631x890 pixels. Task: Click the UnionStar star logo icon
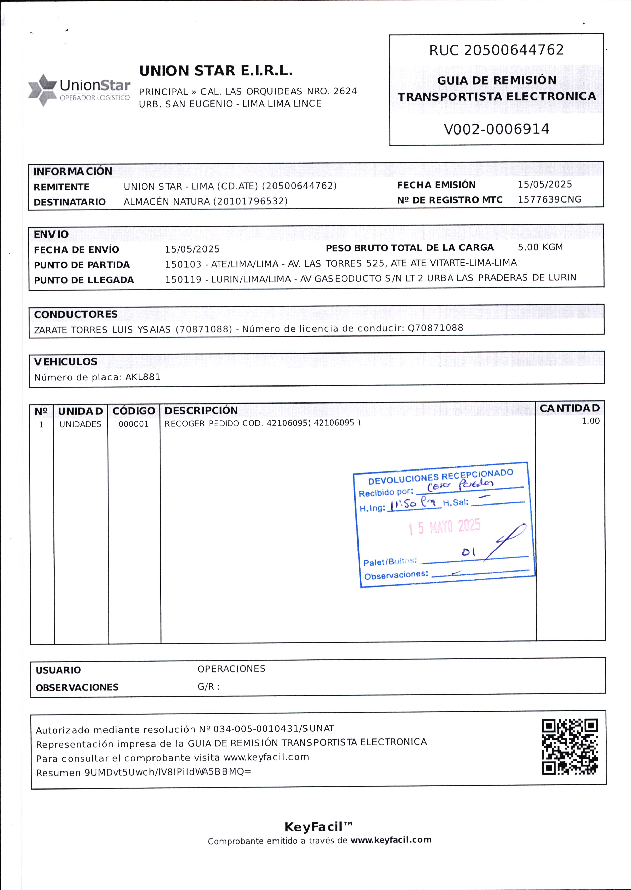(42, 90)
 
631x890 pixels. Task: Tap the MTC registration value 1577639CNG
(549, 199)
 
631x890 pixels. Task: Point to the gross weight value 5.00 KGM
(540, 247)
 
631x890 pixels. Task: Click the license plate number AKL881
(143, 377)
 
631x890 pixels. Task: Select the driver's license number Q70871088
(435, 328)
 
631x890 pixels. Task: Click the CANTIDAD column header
(570, 408)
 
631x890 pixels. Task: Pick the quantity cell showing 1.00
(590, 421)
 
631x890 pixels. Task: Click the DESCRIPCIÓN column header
(201, 410)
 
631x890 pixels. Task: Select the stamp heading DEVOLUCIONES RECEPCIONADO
(441, 477)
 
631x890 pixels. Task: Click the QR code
(570, 747)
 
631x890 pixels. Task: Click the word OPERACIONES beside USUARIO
(231, 669)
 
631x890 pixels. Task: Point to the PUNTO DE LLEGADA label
(83, 280)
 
